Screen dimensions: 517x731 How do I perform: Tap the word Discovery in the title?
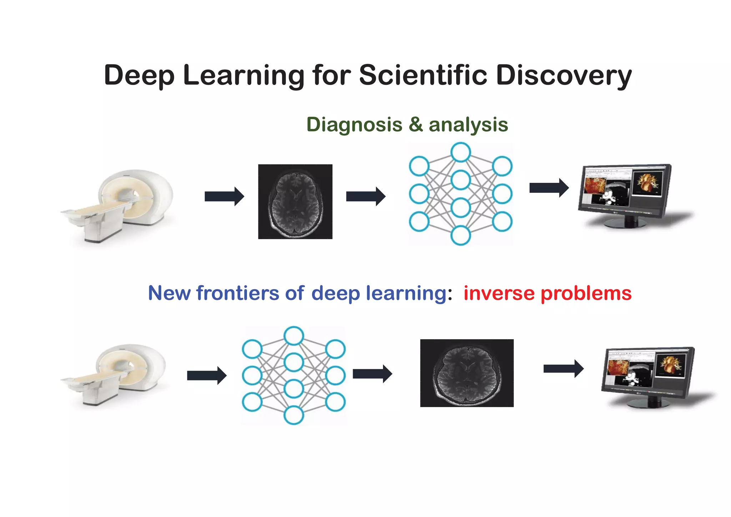click(564, 76)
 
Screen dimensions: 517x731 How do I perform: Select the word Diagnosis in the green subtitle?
click(354, 125)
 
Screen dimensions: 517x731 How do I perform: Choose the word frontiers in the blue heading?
click(238, 293)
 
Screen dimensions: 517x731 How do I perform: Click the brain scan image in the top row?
click(295, 202)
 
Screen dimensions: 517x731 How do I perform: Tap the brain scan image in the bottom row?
click(467, 373)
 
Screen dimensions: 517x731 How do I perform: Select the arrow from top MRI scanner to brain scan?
click(224, 196)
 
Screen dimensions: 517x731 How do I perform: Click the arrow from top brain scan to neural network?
click(366, 196)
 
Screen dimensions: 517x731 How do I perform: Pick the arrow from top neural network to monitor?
click(549, 188)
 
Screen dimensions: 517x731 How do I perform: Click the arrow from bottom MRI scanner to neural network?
click(207, 376)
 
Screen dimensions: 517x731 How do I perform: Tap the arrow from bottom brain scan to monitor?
click(563, 369)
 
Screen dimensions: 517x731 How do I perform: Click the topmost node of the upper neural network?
click(460, 152)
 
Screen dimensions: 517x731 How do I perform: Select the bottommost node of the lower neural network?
click(294, 415)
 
